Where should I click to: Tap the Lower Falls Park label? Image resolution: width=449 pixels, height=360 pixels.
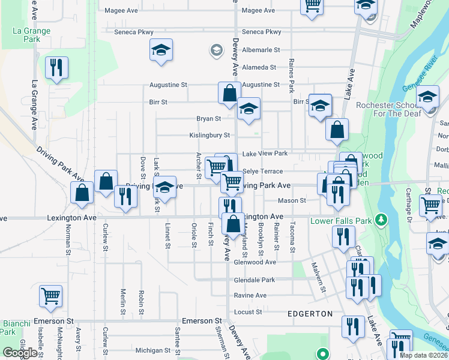342,221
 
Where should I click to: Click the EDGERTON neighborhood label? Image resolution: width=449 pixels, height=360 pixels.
310,314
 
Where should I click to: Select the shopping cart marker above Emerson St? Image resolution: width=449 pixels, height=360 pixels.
51,295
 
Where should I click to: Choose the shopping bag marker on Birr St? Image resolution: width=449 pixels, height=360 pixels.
229,93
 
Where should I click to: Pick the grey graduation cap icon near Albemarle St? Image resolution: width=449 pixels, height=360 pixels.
215,50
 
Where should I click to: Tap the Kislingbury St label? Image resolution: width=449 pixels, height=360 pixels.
210,136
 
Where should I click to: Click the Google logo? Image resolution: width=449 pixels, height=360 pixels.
20,352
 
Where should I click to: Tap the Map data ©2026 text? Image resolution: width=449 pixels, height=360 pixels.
423,355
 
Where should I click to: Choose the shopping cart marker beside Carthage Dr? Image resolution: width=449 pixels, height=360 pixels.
431,206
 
